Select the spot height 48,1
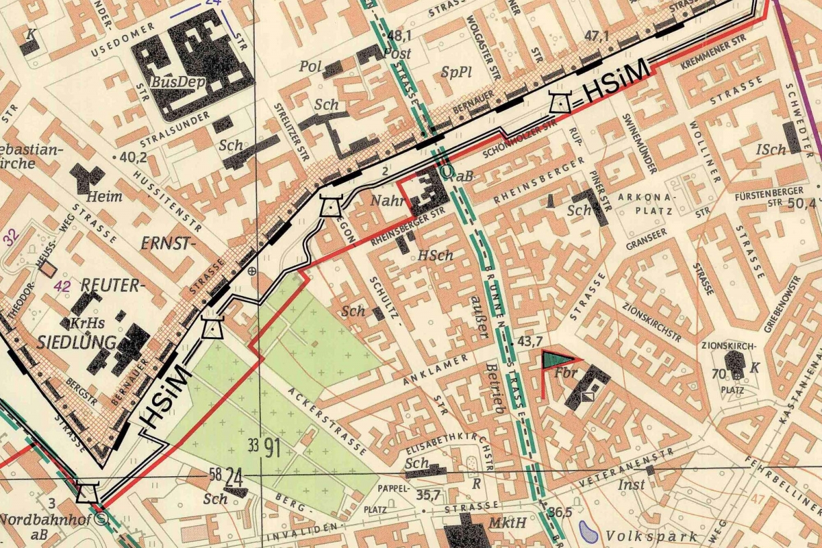(x=399, y=35)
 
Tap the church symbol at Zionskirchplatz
(x=735, y=367)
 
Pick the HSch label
(x=436, y=256)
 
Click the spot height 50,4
(x=804, y=203)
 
